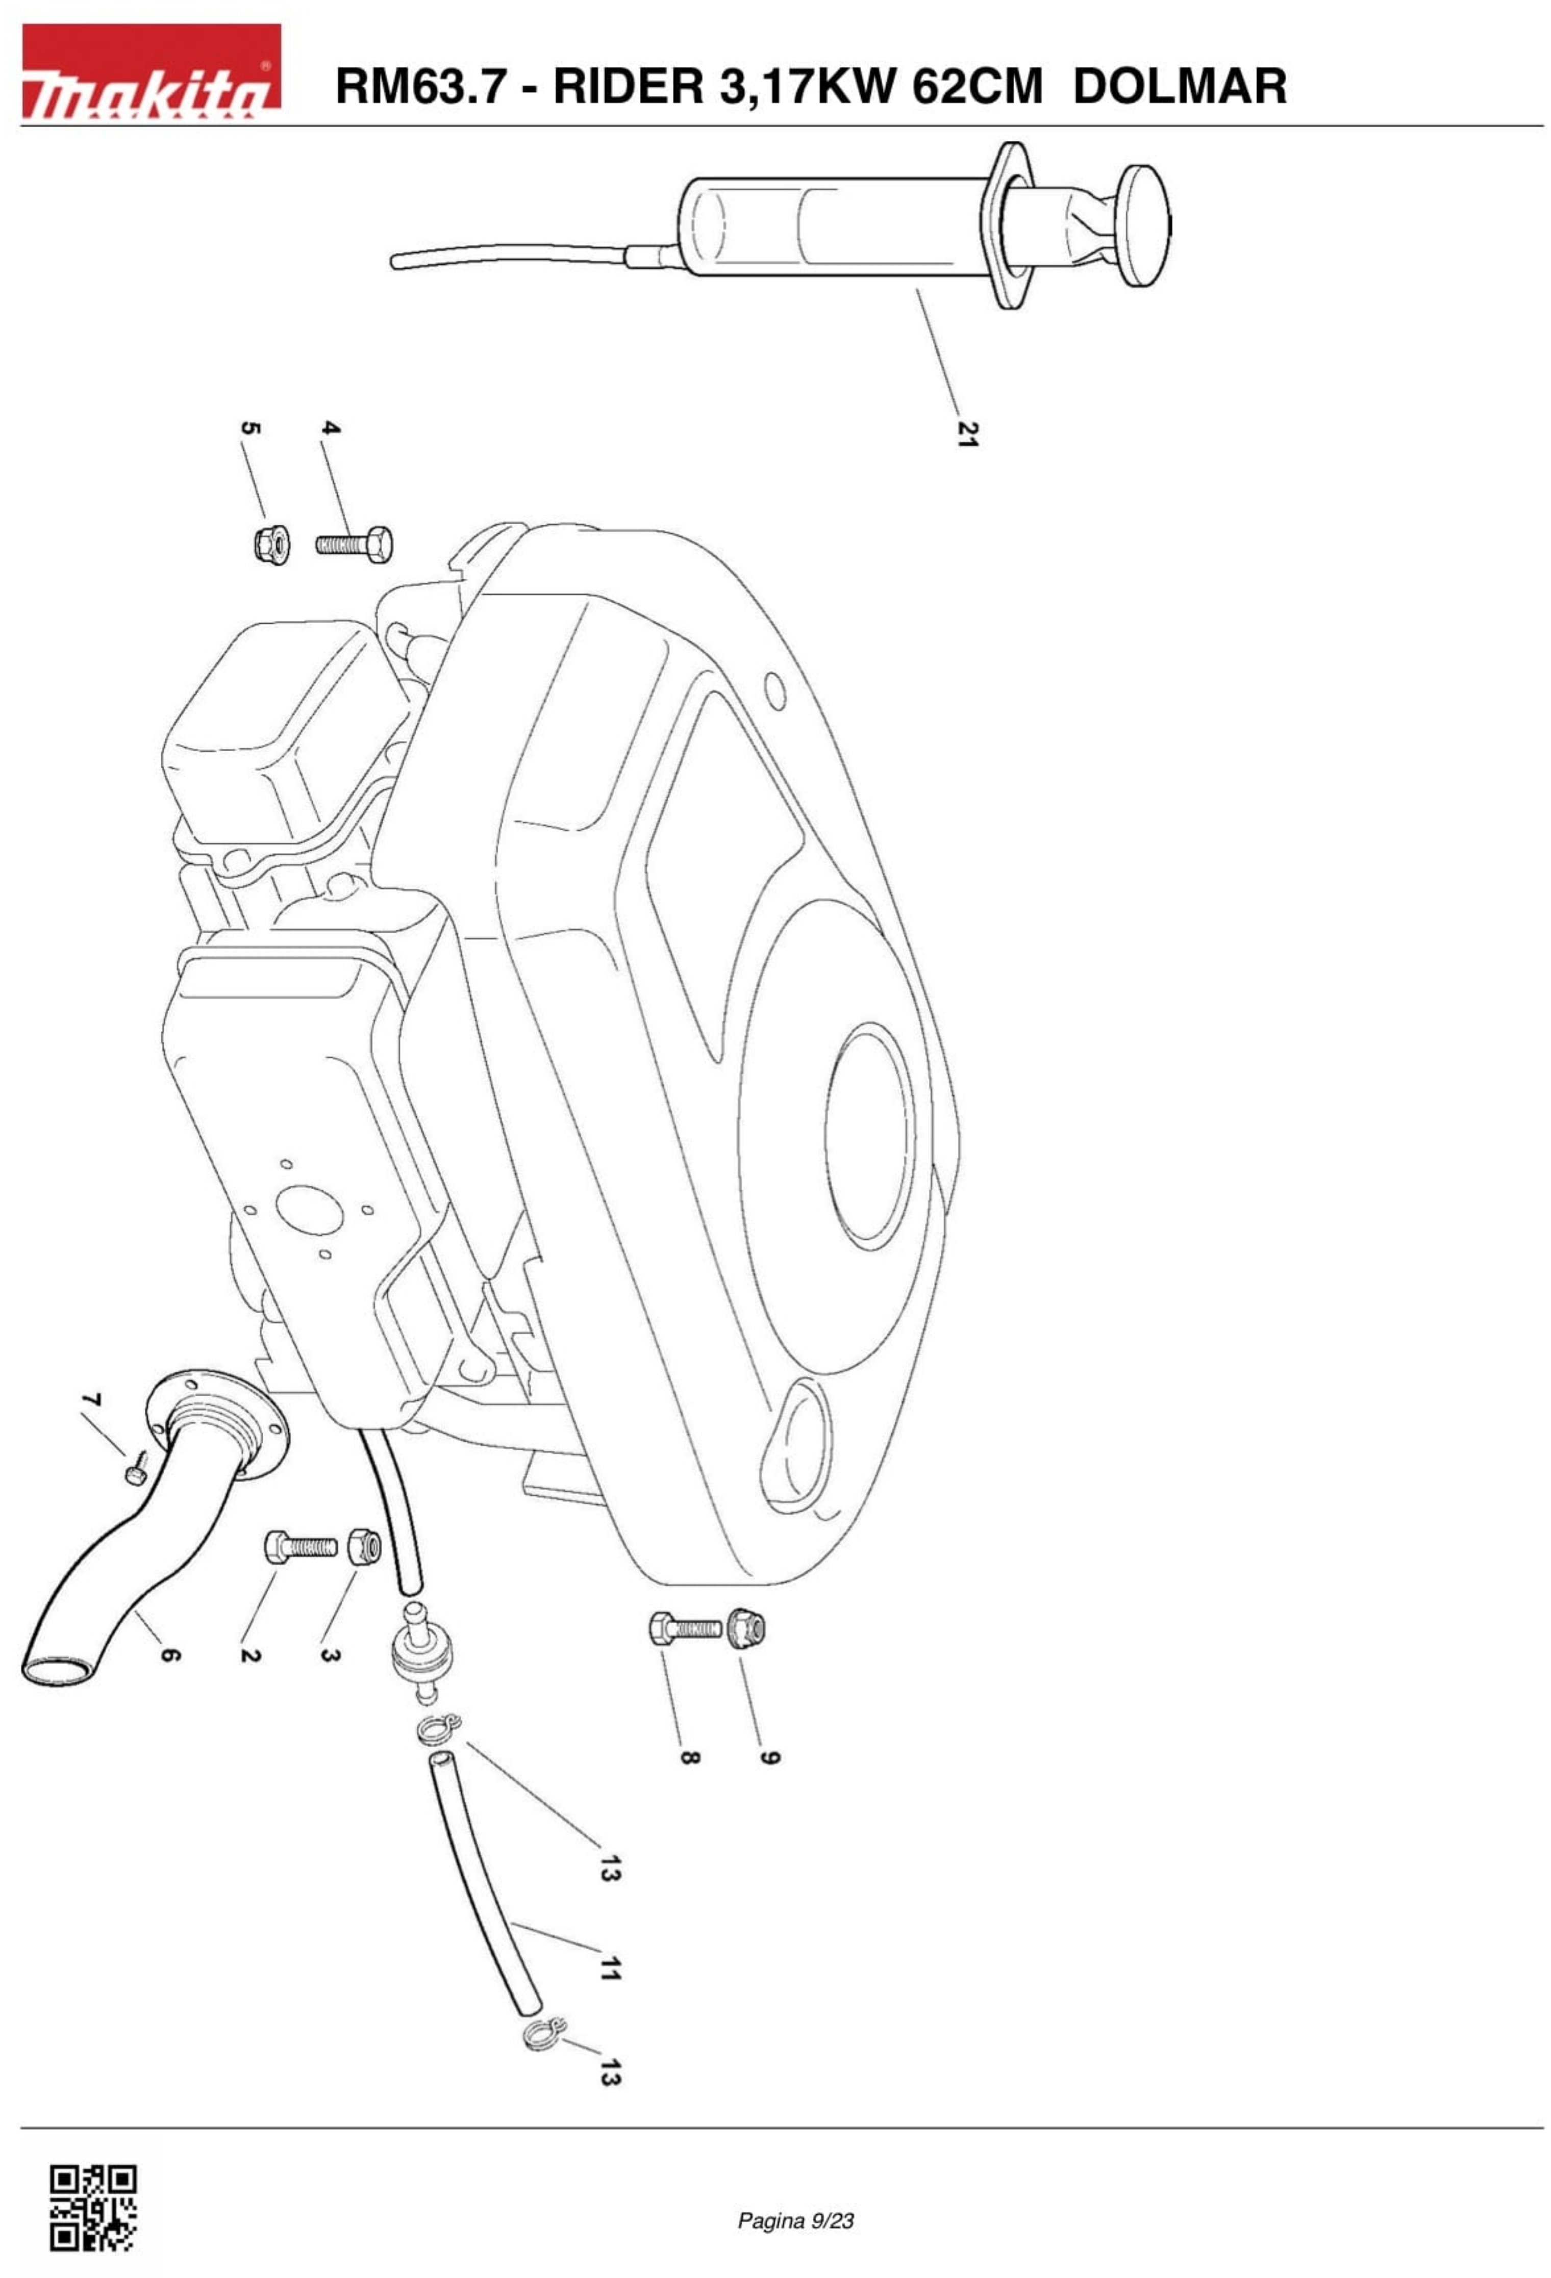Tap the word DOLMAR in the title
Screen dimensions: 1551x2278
click(1180, 86)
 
